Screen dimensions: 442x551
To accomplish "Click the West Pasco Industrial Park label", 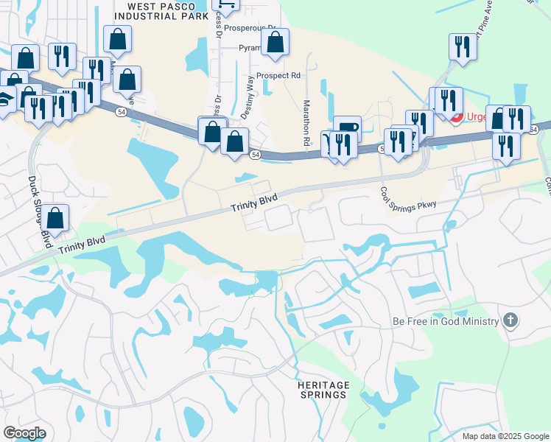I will [x=161, y=11].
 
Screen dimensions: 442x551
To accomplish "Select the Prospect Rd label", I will [x=278, y=75].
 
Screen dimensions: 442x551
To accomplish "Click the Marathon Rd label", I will [x=306, y=122].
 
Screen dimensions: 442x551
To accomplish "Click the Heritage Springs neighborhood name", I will [x=322, y=390].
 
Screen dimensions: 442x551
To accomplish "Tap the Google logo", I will [x=24, y=432].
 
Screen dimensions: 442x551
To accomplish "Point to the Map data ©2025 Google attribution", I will [x=506, y=436].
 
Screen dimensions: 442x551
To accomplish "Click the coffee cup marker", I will [x=347, y=128].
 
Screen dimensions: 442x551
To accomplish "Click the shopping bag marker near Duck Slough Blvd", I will [x=55, y=217].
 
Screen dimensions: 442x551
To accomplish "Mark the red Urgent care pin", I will [x=457, y=117].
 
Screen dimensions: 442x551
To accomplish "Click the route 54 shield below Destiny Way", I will [x=254, y=155].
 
